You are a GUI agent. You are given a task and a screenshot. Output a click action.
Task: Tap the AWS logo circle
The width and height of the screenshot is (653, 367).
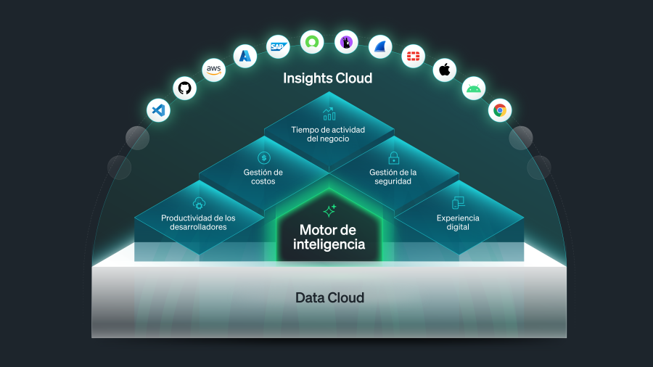[x=213, y=70]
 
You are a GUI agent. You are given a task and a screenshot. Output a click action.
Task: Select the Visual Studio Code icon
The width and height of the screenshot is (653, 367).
[x=158, y=111]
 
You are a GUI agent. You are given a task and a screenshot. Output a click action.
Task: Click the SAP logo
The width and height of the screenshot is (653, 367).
[x=277, y=46]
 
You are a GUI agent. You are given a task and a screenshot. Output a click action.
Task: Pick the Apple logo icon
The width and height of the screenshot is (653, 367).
[x=445, y=70]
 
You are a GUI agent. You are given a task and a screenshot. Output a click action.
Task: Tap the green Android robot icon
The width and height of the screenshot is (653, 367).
[x=474, y=88]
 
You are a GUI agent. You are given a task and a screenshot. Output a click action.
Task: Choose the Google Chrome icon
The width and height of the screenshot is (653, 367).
[x=499, y=111]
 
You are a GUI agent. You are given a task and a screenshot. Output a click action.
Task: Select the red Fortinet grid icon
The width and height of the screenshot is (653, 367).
[x=414, y=56]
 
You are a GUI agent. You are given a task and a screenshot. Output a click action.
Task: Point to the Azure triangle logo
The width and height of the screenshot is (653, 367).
[x=245, y=56]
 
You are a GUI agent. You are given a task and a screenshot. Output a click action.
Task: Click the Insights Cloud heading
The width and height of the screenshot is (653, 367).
[x=327, y=78]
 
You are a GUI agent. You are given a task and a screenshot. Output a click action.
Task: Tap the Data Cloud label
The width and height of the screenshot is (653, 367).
[x=329, y=297]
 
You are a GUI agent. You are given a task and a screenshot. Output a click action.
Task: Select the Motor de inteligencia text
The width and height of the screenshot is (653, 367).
[x=329, y=237]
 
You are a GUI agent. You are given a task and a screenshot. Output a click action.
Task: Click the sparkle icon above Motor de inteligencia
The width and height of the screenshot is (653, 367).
[x=329, y=211]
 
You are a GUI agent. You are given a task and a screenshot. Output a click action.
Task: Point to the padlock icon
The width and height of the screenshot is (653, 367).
[x=394, y=157]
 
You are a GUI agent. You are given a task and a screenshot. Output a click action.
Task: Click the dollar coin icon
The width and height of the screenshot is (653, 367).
[x=263, y=157]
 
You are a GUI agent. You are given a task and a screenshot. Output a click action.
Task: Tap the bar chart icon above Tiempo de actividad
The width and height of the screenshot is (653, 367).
[x=329, y=114]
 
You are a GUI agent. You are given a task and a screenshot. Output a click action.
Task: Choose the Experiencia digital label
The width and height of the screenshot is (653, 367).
[x=458, y=222]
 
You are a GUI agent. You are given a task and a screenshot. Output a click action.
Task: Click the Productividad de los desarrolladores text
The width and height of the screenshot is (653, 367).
[x=198, y=222]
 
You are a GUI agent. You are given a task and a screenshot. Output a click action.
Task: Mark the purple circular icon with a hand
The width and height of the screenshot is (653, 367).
[x=346, y=41]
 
